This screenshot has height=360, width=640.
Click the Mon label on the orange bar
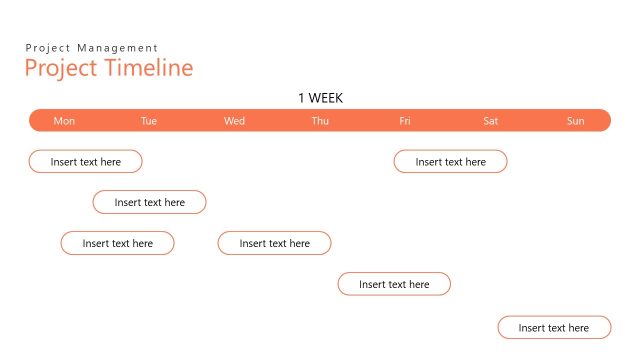pos(64,121)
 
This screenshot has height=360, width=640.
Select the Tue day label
pos(149,121)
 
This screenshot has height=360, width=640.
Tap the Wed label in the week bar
pos(234,121)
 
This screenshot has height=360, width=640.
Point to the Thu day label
pos(320,121)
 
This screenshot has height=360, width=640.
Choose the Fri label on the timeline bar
pos(405,121)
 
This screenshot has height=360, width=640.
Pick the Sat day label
pos(491,121)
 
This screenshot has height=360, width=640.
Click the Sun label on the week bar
pos(576,121)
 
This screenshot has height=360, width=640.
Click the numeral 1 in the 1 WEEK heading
pos(302,98)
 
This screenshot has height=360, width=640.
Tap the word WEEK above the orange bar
pos(326,98)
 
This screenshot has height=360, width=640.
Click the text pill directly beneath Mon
pos(86,161)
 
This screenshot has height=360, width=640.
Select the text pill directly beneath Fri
pos(451,161)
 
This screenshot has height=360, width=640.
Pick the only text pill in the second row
pos(150,202)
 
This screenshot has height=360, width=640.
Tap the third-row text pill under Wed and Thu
pos(275,243)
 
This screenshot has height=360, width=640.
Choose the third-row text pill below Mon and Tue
pos(118,243)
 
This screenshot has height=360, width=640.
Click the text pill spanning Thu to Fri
pos(394,284)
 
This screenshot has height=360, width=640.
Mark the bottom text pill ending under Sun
pos(555,327)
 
